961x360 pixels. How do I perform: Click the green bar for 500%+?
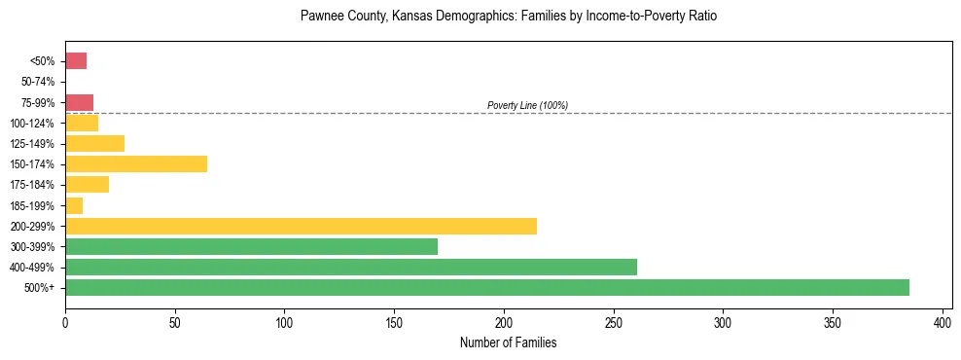point(486,287)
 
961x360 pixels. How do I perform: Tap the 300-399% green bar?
point(251,246)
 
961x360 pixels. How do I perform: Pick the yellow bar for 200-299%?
point(301,226)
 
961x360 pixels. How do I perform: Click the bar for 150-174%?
point(136,163)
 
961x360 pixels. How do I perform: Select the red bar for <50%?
point(76,61)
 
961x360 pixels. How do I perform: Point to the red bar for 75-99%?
point(79,102)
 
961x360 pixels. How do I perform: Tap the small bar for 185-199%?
point(74,205)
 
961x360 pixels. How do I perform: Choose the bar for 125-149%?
point(94,143)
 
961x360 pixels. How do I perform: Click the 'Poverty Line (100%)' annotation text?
point(527,105)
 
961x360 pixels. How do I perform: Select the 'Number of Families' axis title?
point(509,342)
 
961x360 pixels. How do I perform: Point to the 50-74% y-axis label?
point(37,82)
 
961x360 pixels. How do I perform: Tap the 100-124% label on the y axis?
point(35,123)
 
